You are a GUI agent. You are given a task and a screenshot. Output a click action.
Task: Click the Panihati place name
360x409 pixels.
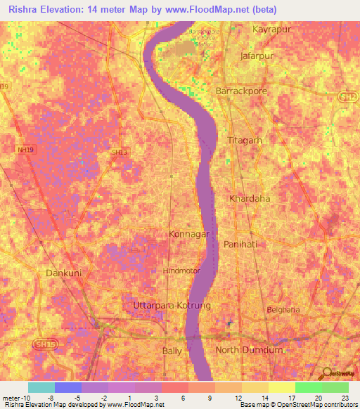pyautogui.click(x=242, y=244)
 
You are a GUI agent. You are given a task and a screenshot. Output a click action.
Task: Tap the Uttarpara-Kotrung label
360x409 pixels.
pyautogui.click(x=172, y=306)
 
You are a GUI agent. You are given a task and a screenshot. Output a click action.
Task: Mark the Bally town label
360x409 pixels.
pyautogui.click(x=172, y=350)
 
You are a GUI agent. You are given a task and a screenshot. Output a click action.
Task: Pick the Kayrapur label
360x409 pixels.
pyautogui.click(x=271, y=30)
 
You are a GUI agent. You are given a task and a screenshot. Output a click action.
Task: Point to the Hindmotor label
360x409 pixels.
pyautogui.click(x=181, y=270)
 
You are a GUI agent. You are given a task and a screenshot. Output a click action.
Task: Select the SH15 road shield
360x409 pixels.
pyautogui.click(x=43, y=344)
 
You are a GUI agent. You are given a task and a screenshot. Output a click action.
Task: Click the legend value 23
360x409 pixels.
pyautogui.click(x=344, y=398)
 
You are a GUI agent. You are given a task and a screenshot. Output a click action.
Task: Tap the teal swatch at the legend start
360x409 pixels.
pyautogui.click(x=41, y=387)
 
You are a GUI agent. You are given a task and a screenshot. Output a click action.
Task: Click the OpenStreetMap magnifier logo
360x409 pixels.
pyautogui.click(x=327, y=373)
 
